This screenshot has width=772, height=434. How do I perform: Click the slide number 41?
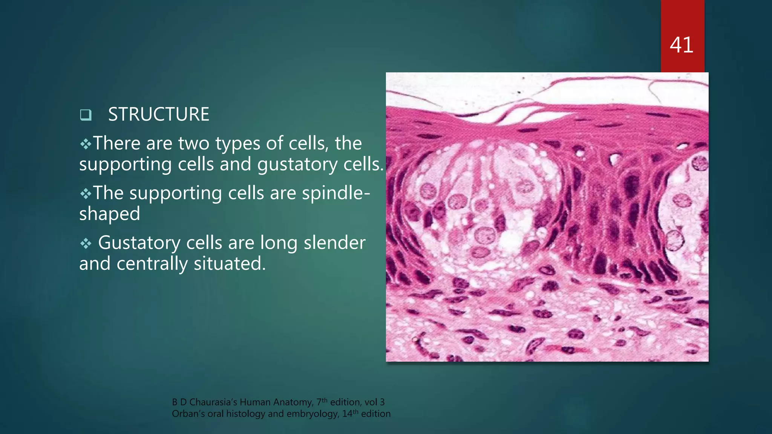[x=682, y=45]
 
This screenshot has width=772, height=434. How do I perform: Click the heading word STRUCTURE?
[x=158, y=115]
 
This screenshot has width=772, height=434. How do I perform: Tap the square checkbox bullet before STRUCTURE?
[x=86, y=115]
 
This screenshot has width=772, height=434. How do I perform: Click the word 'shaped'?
[x=109, y=214]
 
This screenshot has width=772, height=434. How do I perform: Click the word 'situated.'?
[x=230, y=264]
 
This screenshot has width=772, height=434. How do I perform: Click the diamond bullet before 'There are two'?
[x=86, y=144]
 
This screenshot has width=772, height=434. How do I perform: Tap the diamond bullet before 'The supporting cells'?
[x=86, y=194]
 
